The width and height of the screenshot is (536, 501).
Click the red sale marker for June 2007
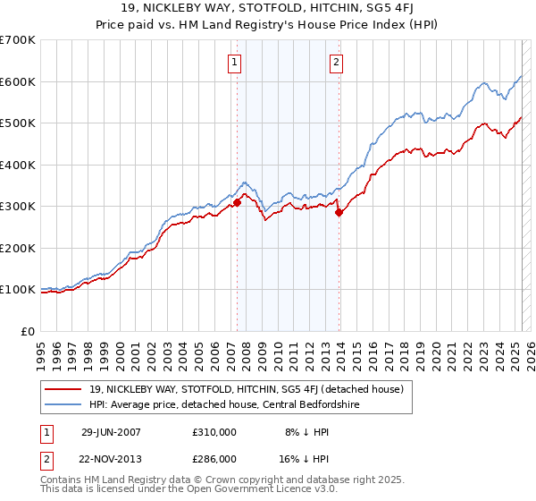tap(238, 203)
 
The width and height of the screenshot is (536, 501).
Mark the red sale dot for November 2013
tap(339, 213)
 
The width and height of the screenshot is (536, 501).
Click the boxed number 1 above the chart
tap(234, 63)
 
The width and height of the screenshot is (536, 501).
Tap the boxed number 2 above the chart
tap(336, 63)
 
